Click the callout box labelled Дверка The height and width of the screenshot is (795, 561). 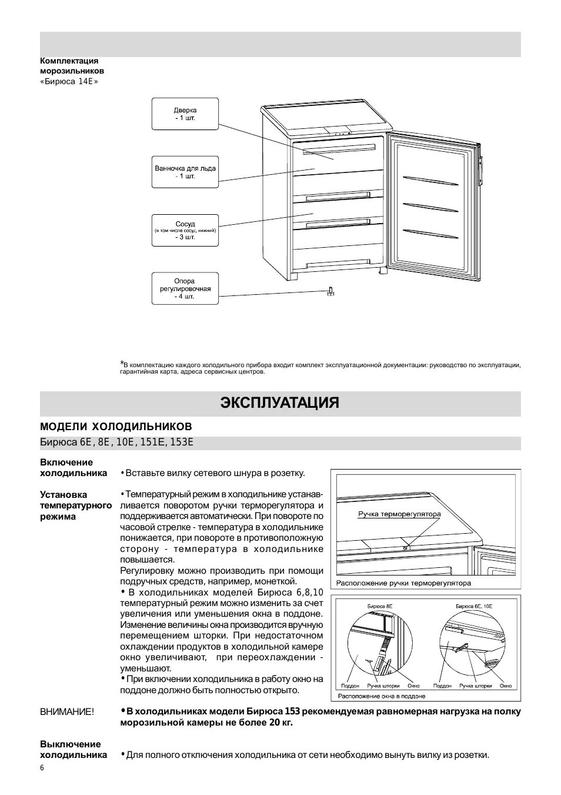tap(185, 114)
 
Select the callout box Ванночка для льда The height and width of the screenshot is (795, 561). tap(185, 172)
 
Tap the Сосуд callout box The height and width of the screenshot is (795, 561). tap(185, 231)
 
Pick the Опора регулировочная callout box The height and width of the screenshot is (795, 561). tap(185, 288)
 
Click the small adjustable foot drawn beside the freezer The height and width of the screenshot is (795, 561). tap(330, 291)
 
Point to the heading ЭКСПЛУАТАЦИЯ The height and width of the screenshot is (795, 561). tap(280, 403)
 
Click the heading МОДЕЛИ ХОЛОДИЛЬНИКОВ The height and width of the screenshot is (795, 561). tap(116, 426)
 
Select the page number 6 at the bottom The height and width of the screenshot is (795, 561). tap(42, 769)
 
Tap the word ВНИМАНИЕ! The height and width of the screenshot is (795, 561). tap(66, 712)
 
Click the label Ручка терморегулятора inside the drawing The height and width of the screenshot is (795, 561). tap(399, 514)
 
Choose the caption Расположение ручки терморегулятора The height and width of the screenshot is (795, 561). tap(403, 583)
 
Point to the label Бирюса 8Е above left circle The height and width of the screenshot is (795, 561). tap(380, 606)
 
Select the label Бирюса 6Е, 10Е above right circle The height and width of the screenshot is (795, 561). tap(473, 606)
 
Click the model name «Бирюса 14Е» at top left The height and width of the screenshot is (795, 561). tap(69, 81)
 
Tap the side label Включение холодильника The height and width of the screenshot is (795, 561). tap(74, 468)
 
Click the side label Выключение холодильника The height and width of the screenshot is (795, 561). tap(74, 750)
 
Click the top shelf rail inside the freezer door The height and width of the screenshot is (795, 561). tap(430, 179)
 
